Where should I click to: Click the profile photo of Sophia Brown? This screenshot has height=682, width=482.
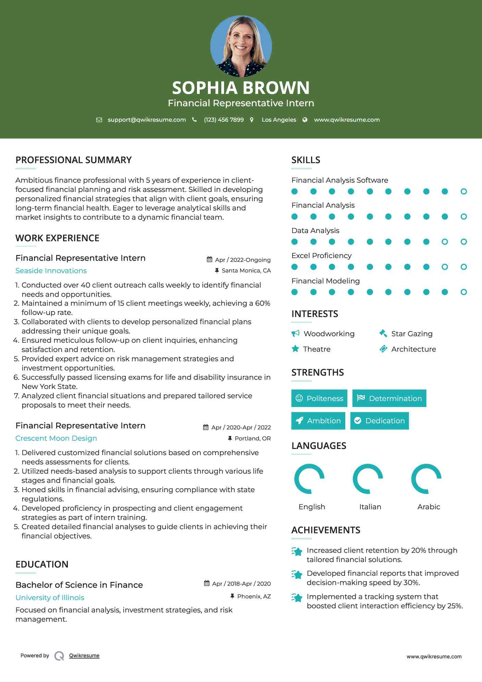click(x=241, y=46)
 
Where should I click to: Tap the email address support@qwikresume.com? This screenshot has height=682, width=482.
click(x=147, y=120)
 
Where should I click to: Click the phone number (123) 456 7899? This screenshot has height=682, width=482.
click(x=224, y=120)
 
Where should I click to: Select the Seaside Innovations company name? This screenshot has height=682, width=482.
click(x=51, y=271)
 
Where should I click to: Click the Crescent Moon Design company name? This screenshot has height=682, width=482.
click(x=56, y=438)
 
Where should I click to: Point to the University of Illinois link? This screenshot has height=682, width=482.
click(x=50, y=598)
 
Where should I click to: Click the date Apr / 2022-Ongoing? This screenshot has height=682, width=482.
click(x=243, y=260)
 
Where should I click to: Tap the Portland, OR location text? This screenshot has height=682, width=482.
click(x=252, y=438)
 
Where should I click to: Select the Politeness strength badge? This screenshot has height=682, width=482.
click(x=319, y=398)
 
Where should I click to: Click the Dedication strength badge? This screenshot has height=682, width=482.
click(x=380, y=421)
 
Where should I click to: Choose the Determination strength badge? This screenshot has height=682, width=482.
click(x=389, y=398)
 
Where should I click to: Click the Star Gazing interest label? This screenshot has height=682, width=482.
click(x=412, y=334)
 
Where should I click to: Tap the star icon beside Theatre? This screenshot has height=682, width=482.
click(x=295, y=349)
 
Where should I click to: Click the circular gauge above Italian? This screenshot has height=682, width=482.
click(x=368, y=479)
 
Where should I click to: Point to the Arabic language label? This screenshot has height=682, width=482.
click(x=429, y=507)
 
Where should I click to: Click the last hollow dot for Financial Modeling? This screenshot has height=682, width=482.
click(x=464, y=292)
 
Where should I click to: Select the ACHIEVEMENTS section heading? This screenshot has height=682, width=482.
click(x=326, y=530)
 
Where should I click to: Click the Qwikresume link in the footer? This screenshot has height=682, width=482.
click(x=84, y=656)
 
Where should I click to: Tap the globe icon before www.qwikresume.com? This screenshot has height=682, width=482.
click(x=305, y=120)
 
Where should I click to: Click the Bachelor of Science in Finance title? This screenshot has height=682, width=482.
click(x=79, y=585)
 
